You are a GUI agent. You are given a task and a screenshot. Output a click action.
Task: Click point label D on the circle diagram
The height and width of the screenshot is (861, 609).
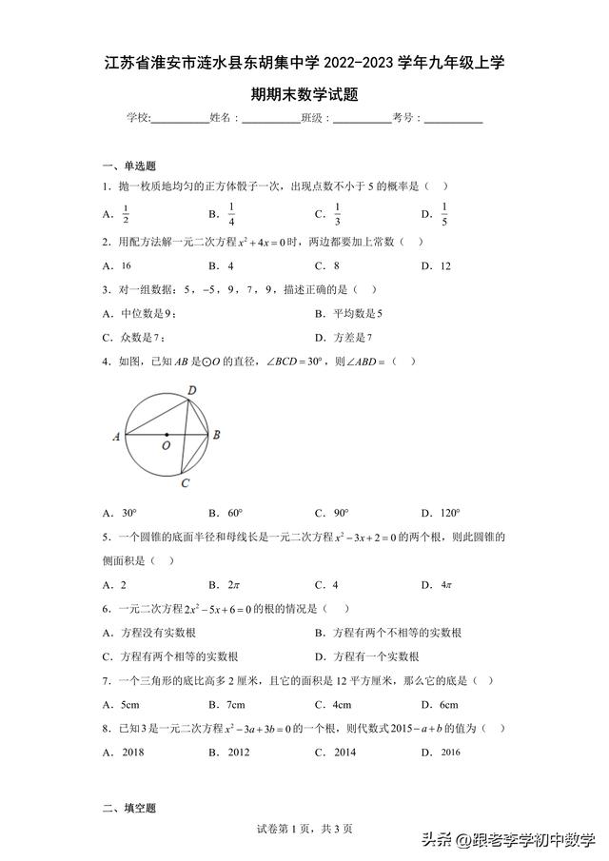(191, 391)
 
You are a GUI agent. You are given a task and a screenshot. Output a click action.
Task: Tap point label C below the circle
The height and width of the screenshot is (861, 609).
(187, 482)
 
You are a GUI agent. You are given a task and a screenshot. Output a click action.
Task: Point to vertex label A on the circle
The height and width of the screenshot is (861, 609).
(115, 437)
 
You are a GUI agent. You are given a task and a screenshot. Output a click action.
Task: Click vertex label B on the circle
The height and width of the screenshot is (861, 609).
(217, 436)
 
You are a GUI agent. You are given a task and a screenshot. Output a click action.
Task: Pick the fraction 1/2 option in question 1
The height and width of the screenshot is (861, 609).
(125, 215)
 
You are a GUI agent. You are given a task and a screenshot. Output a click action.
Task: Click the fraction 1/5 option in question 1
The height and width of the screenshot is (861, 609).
(444, 215)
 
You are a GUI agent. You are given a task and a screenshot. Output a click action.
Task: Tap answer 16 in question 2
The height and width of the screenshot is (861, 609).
(126, 266)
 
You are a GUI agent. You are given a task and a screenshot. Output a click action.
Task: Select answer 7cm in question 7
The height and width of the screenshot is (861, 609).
(233, 705)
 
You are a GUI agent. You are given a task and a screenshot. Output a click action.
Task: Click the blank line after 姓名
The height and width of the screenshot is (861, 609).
(269, 120)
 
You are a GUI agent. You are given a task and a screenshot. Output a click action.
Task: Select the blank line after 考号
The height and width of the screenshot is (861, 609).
(453, 120)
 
